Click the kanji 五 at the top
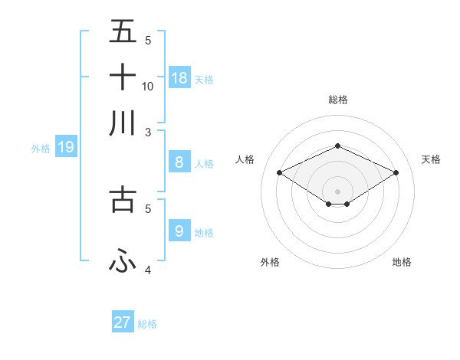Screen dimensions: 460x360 coord(123,32)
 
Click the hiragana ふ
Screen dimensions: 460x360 coord(123,261)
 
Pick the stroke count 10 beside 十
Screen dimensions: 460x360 coord(148,86)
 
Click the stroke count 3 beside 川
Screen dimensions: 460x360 coord(148,132)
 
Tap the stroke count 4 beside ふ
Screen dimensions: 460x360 coord(148,270)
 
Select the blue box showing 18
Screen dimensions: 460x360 coord(179,77)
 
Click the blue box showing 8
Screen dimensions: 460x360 coord(179,162)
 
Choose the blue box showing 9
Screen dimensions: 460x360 coord(179,231)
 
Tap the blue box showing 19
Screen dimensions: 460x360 coord(65,146)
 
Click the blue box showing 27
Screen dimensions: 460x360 coord(123,322)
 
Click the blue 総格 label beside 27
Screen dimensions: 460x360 coord(147,324)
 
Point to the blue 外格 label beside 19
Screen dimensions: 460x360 coord(41,149)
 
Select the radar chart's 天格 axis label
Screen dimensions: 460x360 coord(431,159)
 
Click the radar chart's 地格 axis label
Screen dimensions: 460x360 coord(402,262)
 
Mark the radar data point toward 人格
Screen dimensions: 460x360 coord(279,173)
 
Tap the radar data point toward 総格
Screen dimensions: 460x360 coord(337,146)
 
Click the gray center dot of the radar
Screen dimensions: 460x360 coord(337,191)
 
